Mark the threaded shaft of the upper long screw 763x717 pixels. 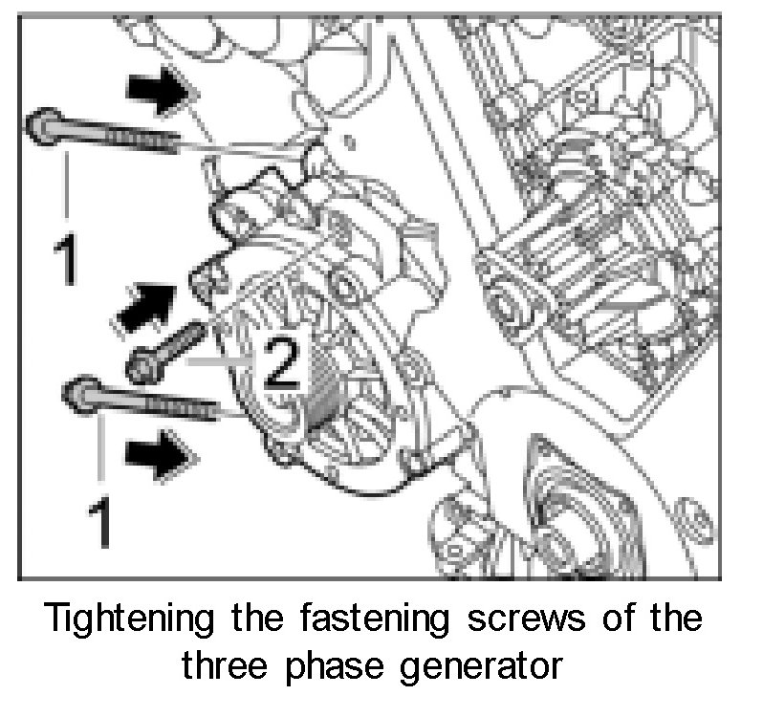[x=143, y=140]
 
